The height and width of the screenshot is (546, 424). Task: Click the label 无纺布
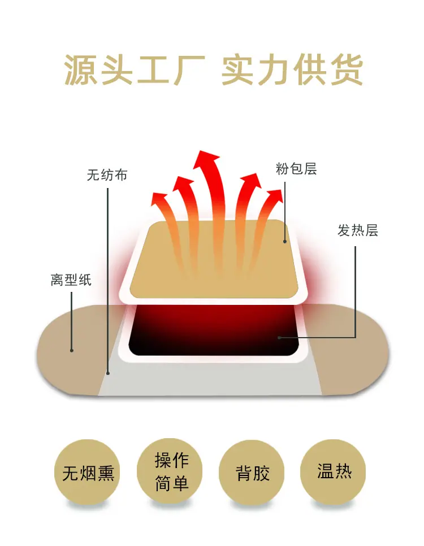tap(107, 175)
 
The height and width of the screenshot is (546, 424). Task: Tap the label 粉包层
tap(296, 168)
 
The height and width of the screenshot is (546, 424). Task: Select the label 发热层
tap(357, 230)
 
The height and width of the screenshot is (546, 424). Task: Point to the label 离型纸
tap(71, 279)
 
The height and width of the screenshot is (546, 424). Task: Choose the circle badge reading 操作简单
tap(171, 471)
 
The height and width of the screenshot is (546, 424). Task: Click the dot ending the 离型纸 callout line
tap(72, 350)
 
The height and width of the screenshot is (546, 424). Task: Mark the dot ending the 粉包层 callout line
tap(285, 242)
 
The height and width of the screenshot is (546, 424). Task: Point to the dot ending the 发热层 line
tap(279, 338)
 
